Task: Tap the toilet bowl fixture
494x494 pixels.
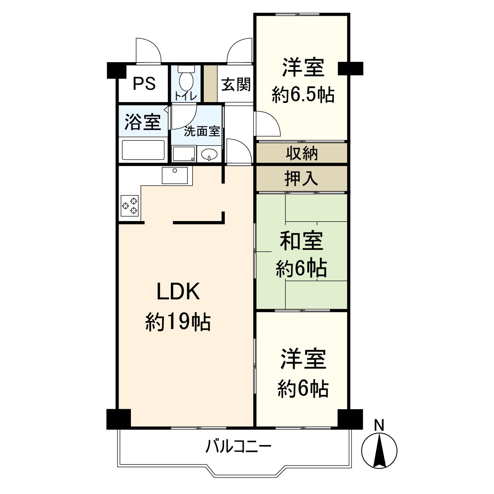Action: [186, 78]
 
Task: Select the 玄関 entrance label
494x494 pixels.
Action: [235, 84]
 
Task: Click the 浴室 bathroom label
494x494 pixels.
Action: [142, 122]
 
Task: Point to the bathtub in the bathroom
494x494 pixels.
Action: [143, 150]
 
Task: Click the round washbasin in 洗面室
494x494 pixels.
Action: [209, 154]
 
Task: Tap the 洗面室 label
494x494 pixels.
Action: [202, 131]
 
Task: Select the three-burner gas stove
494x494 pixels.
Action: [130, 205]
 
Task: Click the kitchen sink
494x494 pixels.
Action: [175, 175]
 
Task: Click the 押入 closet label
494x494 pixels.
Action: [301, 178]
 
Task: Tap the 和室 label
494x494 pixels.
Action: [301, 241]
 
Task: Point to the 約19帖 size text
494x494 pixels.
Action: [178, 322]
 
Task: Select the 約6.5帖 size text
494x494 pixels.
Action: [303, 95]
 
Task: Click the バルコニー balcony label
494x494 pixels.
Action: [238, 446]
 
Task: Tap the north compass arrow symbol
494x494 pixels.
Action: [379, 451]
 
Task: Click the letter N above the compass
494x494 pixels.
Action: [379, 425]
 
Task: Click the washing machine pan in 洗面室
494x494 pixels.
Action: [184, 154]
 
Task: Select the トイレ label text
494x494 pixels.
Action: [186, 96]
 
